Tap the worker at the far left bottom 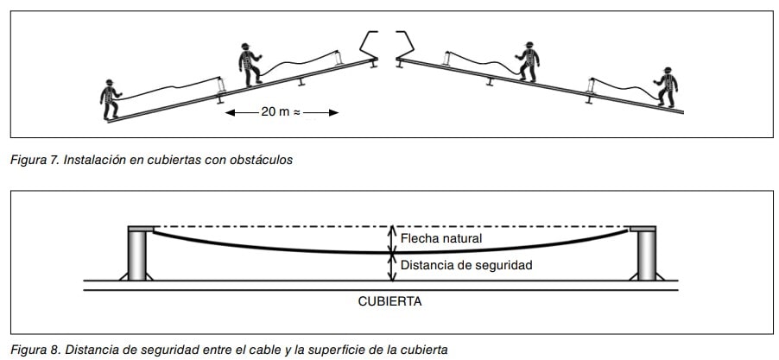[110, 99]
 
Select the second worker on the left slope [250, 64]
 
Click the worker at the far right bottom [666, 87]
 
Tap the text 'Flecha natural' [440, 237]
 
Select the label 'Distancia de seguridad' [465, 265]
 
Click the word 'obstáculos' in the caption [263, 160]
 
